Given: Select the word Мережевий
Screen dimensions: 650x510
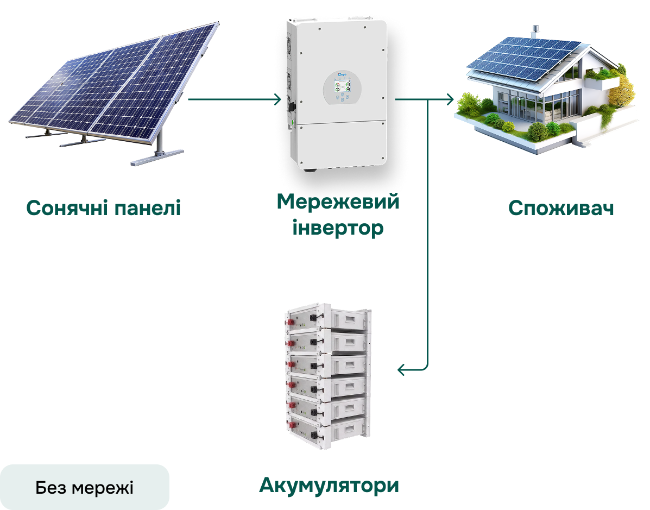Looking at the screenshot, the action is point(338,202).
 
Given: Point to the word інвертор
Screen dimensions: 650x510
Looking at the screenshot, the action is point(338,228).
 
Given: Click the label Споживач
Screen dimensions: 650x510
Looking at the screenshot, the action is point(561,207).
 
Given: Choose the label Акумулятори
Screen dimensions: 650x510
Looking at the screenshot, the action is point(329,485).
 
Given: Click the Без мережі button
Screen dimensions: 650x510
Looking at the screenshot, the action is point(85,487).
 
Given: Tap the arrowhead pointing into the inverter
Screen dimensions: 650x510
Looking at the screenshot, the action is point(277,99).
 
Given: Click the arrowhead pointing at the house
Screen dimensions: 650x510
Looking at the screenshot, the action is point(450,99).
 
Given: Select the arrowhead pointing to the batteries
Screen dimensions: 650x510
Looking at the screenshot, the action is point(401,369).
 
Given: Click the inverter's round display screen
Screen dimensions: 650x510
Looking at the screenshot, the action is point(343,87).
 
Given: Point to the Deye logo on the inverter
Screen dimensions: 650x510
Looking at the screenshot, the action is point(343,74).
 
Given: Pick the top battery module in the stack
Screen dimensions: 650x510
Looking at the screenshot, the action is point(327,318).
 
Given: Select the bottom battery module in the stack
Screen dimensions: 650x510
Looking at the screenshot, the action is point(327,433).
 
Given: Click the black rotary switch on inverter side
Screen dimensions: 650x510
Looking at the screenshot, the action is point(292,106).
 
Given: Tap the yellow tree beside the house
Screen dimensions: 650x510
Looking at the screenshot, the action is point(621,92).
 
